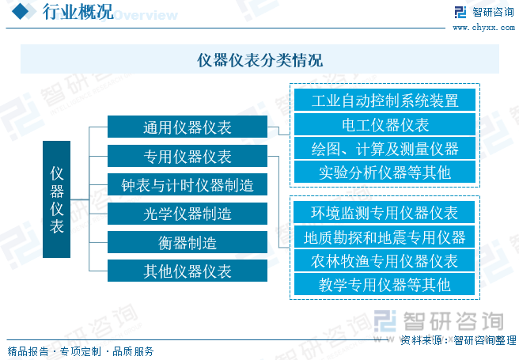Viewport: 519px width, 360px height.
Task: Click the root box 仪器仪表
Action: (x=56, y=199)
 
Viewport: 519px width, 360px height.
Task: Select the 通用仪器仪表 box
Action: (x=187, y=127)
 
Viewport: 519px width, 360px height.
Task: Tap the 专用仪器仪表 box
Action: (x=187, y=156)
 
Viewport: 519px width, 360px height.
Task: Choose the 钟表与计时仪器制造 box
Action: (x=187, y=185)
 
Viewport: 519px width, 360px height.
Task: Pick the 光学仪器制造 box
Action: (x=187, y=214)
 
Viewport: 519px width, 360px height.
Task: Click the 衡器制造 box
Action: (x=187, y=242)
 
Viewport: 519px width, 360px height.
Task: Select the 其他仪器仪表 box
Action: (x=187, y=271)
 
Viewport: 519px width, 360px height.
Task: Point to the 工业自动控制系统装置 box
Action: (x=385, y=100)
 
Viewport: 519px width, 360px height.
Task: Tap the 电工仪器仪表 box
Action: (x=385, y=124)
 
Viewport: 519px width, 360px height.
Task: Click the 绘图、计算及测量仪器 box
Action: (x=385, y=148)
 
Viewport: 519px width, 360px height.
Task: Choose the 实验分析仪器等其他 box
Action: (x=385, y=172)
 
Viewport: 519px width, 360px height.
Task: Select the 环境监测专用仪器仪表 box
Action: (x=385, y=213)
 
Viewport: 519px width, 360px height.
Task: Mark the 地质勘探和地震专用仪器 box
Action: (x=385, y=237)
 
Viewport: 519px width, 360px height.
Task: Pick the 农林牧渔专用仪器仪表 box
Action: (x=385, y=260)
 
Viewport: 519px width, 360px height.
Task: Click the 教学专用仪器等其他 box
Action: (x=385, y=284)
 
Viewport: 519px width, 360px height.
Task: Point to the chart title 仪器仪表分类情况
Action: (x=259, y=60)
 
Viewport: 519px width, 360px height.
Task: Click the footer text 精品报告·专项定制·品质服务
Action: (x=80, y=351)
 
